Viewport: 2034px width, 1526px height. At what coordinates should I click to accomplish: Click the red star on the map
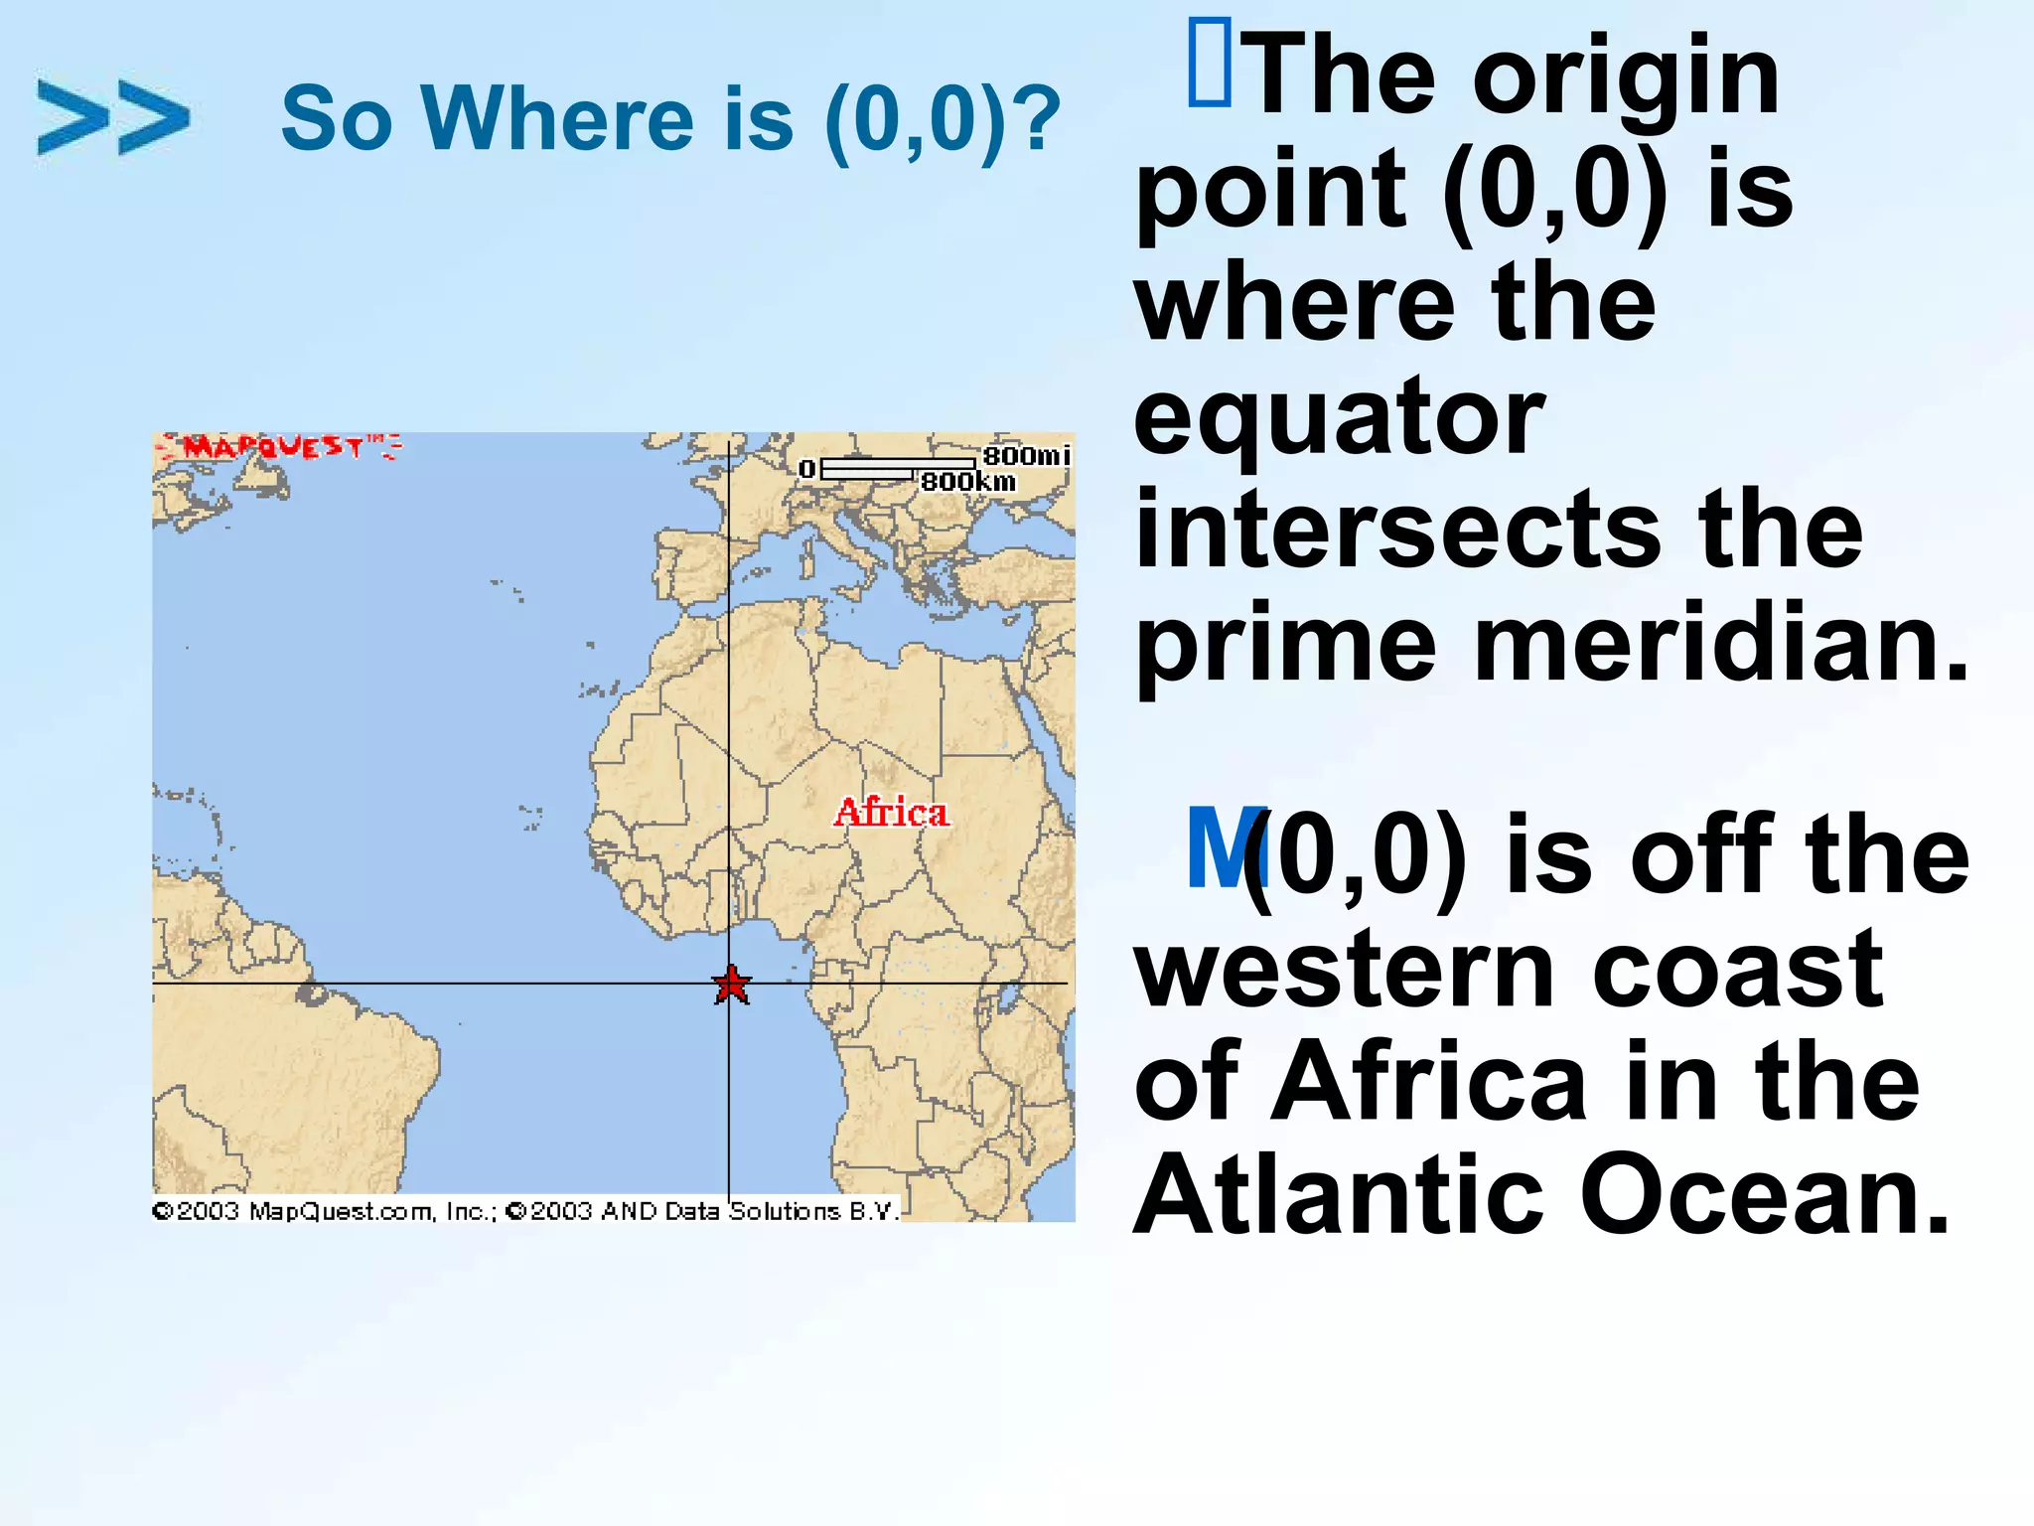coord(732,985)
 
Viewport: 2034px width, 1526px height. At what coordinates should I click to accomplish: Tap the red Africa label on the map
coord(891,813)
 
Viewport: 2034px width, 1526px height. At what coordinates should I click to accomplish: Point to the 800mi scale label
coord(1026,456)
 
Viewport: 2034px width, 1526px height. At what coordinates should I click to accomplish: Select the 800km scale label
coord(968,482)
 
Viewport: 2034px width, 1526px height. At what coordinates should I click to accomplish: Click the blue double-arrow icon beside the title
coord(112,117)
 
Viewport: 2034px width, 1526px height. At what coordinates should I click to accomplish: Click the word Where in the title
coord(557,119)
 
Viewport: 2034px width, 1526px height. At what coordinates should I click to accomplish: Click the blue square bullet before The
coord(1209,65)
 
